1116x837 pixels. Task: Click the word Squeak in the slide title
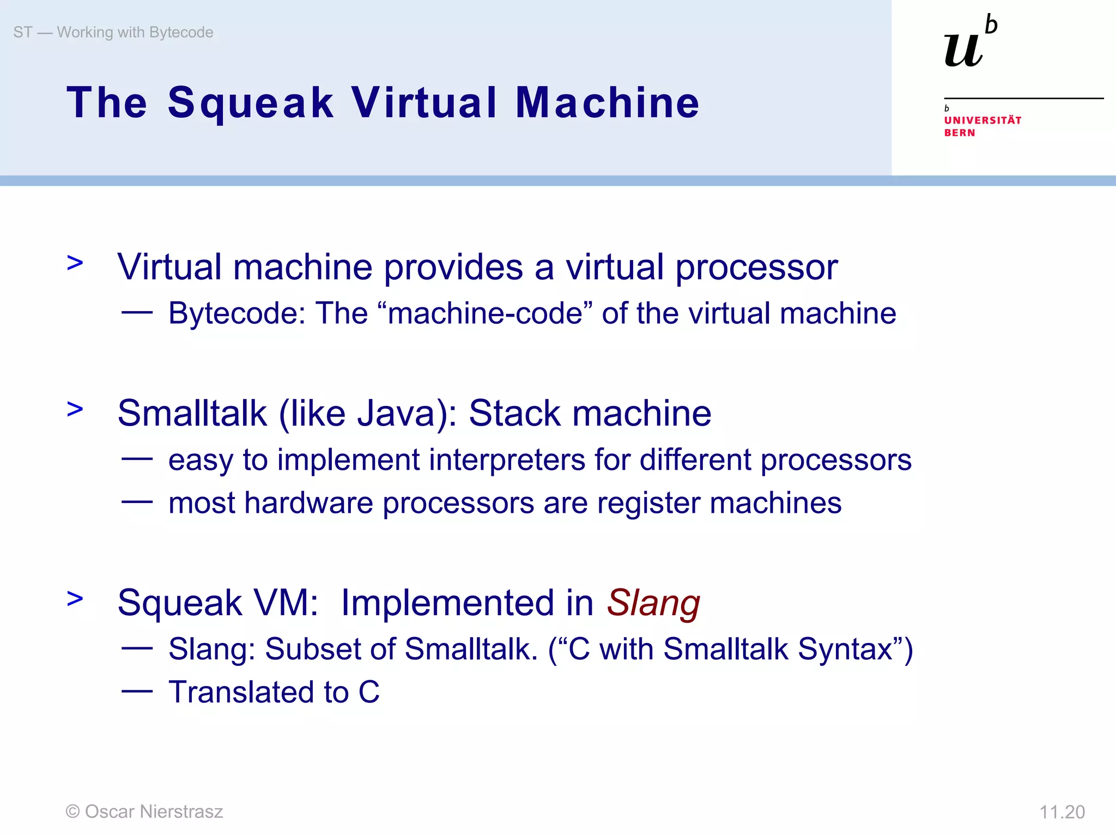[x=250, y=103]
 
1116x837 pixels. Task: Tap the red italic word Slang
[x=653, y=603]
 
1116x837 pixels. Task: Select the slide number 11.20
[x=1062, y=812]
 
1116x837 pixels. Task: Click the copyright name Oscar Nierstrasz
[x=154, y=811]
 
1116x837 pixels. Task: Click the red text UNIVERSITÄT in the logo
[x=982, y=120]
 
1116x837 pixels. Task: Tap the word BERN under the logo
[x=960, y=133]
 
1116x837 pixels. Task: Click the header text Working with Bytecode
[x=135, y=32]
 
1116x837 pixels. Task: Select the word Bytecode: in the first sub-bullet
[x=237, y=313]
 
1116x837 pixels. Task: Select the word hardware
[x=308, y=502]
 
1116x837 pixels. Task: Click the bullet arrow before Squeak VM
[x=75, y=598]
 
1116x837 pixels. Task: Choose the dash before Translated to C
[x=137, y=692]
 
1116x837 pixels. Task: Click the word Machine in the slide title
[x=607, y=103]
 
